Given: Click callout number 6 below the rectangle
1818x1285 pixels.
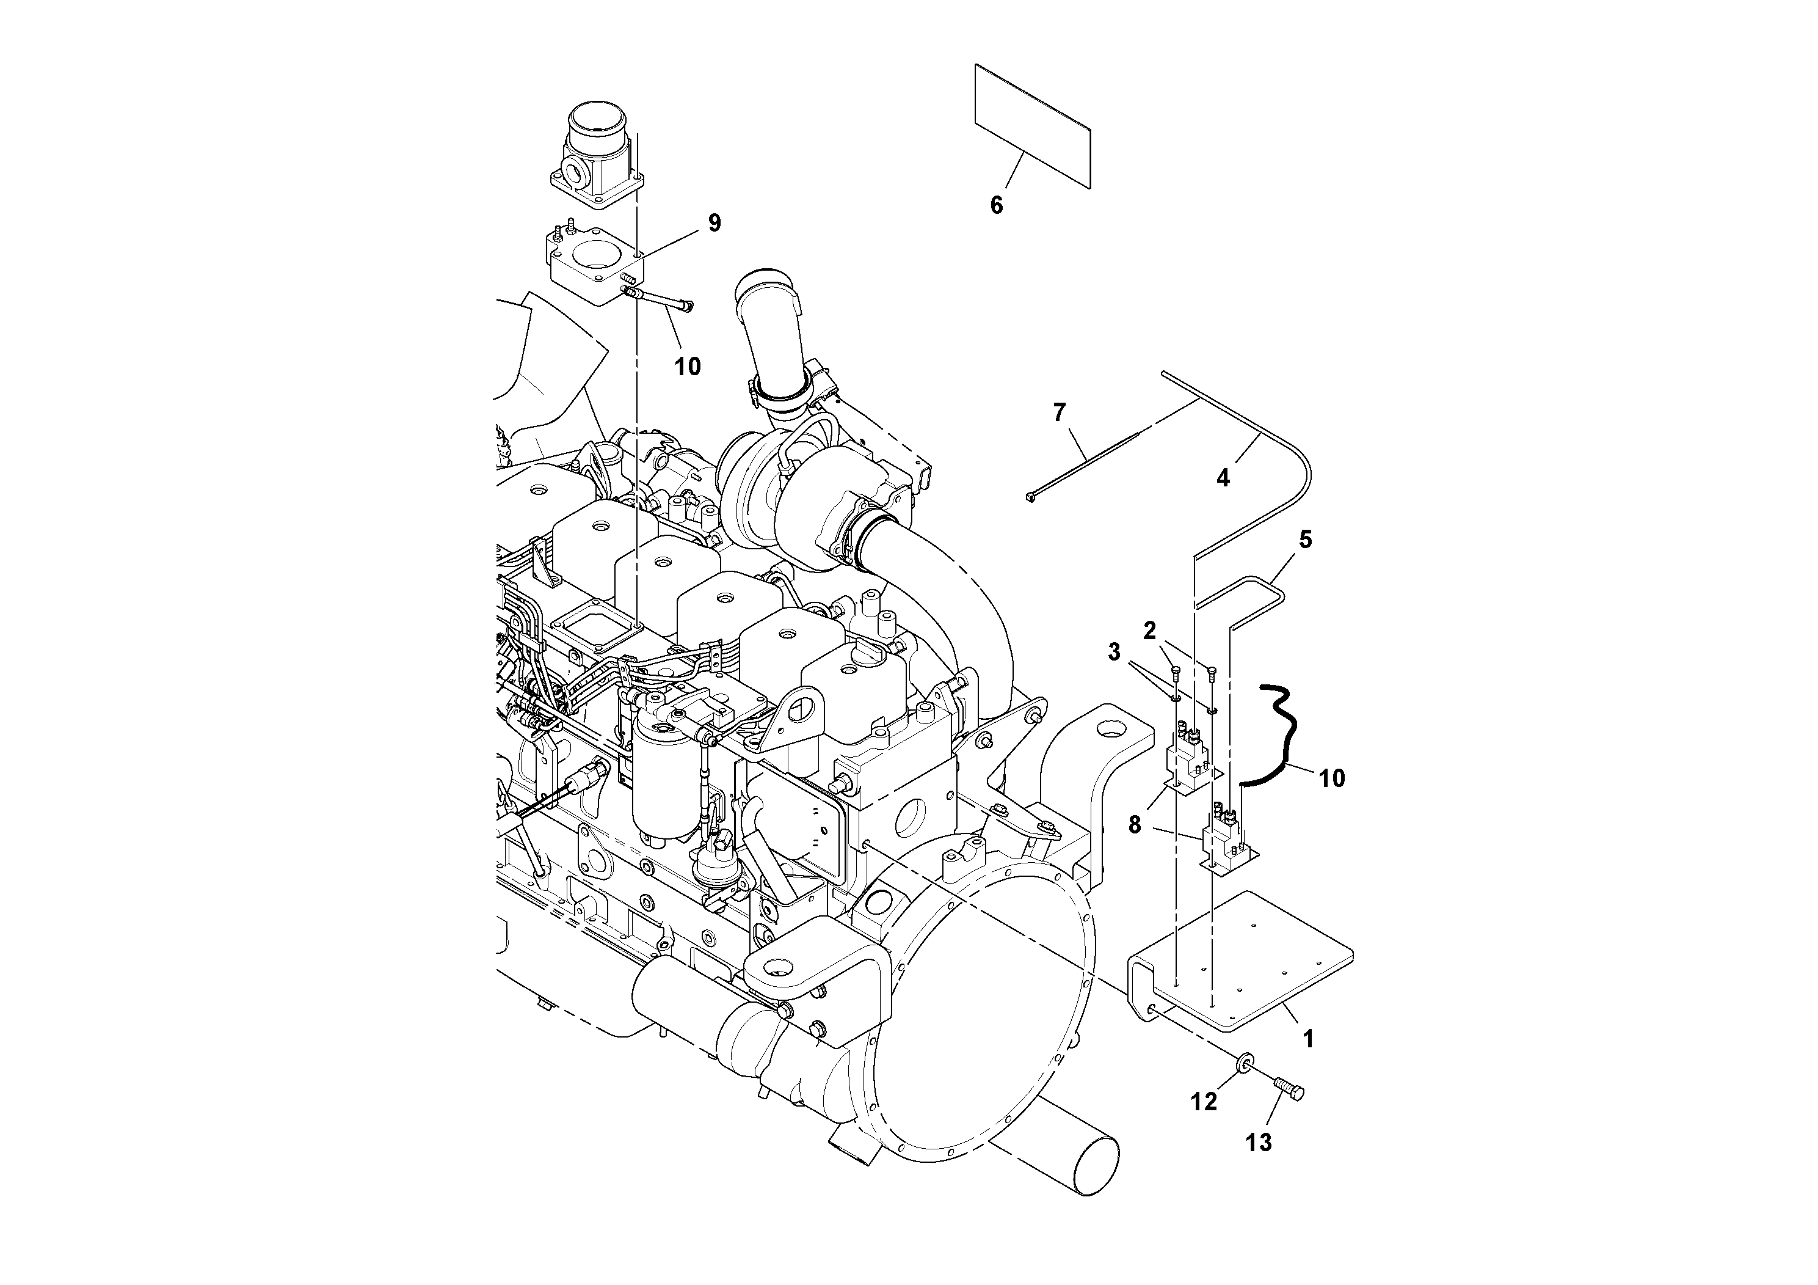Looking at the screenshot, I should coord(996,205).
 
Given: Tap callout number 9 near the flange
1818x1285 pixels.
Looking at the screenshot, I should coord(714,224).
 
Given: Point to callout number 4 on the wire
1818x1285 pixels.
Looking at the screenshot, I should coord(1223,478).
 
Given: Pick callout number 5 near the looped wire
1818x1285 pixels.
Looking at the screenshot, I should coord(1305,540).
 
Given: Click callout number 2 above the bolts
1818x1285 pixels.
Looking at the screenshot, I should coord(1150,631).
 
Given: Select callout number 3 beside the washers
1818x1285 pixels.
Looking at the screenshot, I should coord(1114,652).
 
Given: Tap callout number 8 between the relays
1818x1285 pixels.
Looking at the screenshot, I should coord(1135,825).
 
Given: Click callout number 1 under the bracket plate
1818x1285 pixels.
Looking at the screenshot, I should coord(1308,1039).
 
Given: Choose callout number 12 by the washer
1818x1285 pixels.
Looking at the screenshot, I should coord(1204,1101).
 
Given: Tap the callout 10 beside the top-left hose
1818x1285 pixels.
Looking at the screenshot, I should coord(687,366).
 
